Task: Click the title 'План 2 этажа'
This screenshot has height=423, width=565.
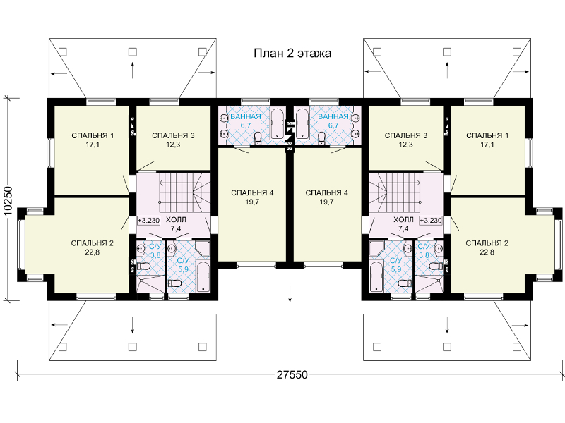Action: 292,54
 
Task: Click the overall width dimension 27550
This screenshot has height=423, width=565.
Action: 292,375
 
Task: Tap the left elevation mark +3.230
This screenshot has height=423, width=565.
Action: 148,220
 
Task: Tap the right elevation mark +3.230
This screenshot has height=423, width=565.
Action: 431,220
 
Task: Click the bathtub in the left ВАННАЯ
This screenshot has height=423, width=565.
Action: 278,124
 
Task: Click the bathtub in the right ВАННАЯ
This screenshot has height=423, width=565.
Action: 302,124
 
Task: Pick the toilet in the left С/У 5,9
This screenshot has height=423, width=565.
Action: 176,283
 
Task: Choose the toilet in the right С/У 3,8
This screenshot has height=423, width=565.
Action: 435,266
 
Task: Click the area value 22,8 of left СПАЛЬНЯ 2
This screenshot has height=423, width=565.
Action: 93,252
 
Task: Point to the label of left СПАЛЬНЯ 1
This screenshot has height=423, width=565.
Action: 93,135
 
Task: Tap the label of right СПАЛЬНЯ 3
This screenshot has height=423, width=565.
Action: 405,135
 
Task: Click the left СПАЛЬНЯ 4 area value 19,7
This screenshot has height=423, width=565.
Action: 252,202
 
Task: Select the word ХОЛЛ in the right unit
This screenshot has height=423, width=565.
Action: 403,219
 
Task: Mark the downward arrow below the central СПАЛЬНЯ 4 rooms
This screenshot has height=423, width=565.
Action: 290,294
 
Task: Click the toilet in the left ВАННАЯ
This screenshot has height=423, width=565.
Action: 258,138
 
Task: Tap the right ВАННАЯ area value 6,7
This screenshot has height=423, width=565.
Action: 333,125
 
